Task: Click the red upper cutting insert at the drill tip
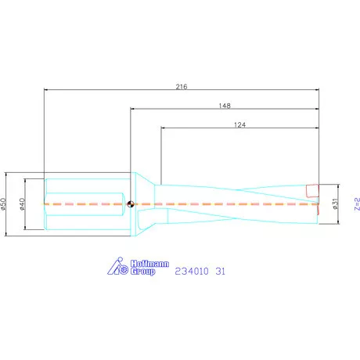[x=312, y=190]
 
